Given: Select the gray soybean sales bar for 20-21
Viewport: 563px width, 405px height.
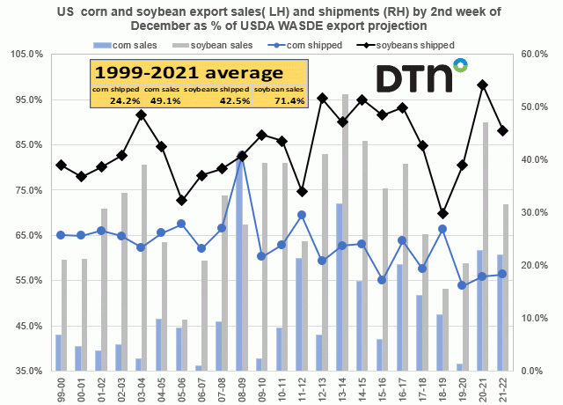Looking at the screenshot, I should tap(486, 247).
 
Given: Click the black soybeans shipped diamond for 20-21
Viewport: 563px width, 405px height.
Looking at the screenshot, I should tap(483, 85).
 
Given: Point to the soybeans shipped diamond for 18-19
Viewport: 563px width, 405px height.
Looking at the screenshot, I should tap(442, 213).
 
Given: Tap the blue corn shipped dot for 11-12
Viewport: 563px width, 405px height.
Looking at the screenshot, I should tap(301, 214).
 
